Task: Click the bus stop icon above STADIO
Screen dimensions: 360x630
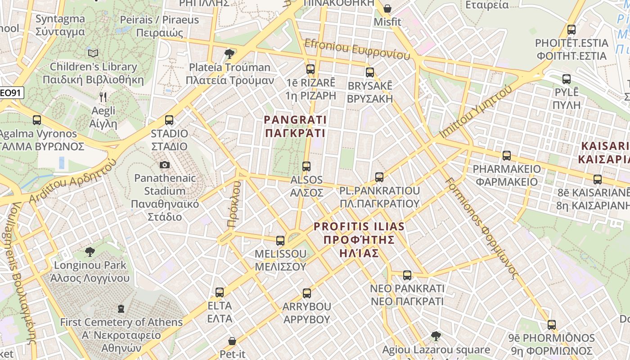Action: tap(169, 120)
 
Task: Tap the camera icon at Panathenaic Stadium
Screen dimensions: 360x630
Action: tap(165, 165)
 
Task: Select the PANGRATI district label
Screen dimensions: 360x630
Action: tap(295, 126)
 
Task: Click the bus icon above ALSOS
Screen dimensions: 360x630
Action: tap(306, 166)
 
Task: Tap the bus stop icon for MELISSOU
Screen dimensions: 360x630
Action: tap(280, 240)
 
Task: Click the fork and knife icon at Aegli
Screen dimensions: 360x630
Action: tap(103, 97)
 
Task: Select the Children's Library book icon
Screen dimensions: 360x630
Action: tap(93, 54)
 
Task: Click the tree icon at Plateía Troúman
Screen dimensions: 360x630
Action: tap(229, 54)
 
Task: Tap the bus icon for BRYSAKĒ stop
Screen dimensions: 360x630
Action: tap(370, 72)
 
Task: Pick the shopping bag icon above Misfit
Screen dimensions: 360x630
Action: tap(387, 9)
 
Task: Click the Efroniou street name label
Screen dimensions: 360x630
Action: tap(358, 49)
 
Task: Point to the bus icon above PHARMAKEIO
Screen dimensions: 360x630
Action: tap(507, 156)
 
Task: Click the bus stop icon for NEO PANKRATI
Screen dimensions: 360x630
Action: tap(407, 275)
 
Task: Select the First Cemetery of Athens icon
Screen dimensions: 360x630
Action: tap(121, 309)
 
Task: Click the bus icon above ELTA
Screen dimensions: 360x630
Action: tap(220, 292)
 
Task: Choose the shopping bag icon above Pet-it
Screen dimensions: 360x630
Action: tap(232, 341)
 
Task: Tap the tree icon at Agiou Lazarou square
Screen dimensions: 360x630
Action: tap(436, 336)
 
